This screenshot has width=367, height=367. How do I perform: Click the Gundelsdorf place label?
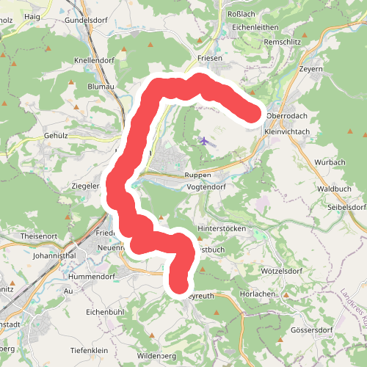[87, 20]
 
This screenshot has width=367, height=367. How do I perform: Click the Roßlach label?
[242, 13]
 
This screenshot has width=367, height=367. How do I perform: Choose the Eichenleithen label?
[255, 27]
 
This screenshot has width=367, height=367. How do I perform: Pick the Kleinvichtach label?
[286, 131]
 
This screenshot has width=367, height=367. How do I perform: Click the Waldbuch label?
[333, 189]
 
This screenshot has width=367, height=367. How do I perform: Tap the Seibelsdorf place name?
[346, 207]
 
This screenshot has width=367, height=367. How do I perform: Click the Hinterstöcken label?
[236, 228]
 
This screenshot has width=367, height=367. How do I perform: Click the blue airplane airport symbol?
[204, 140]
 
